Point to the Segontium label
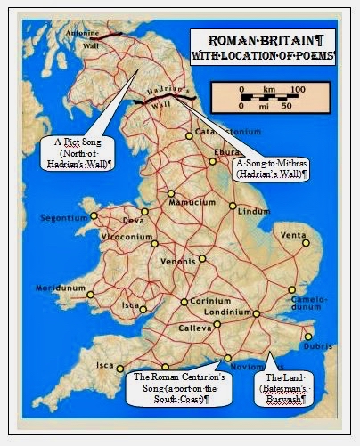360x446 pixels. click(x=64, y=217)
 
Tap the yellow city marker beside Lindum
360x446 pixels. click(x=233, y=207)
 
